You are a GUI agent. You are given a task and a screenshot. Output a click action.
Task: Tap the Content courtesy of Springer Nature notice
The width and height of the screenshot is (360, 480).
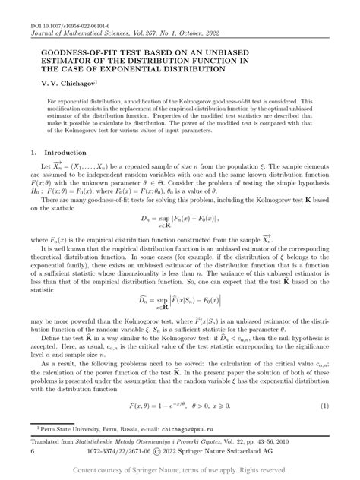pyautogui.click(x=180, y=471)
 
